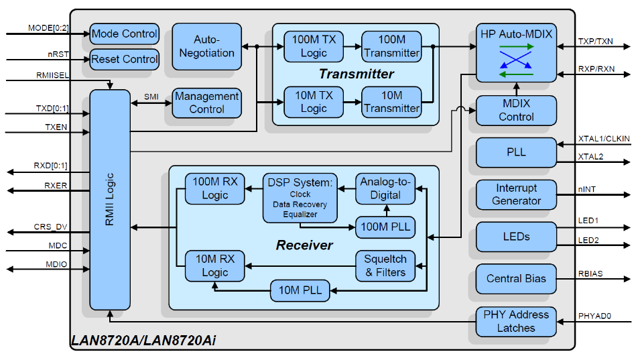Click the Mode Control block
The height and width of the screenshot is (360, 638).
click(x=124, y=34)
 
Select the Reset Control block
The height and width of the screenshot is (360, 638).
click(x=124, y=59)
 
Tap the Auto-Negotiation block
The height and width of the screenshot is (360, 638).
click(x=206, y=46)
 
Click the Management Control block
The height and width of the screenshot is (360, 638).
click(x=206, y=103)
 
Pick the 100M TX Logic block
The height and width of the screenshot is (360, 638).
click(x=314, y=46)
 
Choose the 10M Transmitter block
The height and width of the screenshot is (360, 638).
click(x=391, y=101)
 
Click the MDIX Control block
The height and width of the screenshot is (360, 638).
click(x=515, y=110)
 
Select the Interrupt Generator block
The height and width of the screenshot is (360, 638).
click(x=515, y=194)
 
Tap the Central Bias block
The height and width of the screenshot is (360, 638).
click(x=515, y=278)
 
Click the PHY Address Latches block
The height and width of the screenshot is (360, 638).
click(x=515, y=321)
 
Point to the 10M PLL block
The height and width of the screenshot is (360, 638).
click(x=300, y=291)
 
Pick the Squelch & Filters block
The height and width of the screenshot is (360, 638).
click(x=385, y=265)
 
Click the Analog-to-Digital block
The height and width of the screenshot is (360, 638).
click(x=385, y=188)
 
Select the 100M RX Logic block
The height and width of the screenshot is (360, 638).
click(x=214, y=188)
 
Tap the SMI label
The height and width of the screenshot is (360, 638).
click(x=151, y=97)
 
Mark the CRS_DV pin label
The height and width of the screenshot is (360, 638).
click(x=51, y=227)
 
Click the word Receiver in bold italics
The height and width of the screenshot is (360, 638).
click(x=304, y=245)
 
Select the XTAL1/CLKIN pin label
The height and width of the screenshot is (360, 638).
click(x=604, y=139)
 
